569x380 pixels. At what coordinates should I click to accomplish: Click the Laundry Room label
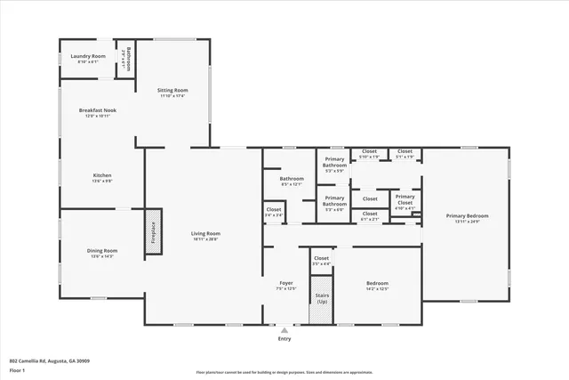click(87, 59)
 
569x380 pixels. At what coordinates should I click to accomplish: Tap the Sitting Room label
click(173, 93)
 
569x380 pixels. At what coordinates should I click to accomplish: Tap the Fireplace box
click(153, 233)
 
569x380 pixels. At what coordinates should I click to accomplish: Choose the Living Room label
click(205, 236)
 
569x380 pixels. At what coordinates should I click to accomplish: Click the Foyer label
click(286, 285)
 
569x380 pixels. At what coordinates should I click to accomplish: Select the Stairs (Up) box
click(321, 299)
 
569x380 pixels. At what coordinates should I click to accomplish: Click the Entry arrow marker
click(284, 330)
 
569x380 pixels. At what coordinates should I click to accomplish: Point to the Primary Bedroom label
click(468, 218)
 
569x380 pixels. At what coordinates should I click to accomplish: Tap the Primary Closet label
click(405, 199)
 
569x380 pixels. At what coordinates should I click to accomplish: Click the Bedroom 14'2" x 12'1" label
click(378, 287)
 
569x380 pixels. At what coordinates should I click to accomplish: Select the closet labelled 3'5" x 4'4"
click(321, 261)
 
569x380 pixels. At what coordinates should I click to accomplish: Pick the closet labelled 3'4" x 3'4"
click(274, 212)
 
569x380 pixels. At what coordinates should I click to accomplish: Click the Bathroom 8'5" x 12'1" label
click(292, 182)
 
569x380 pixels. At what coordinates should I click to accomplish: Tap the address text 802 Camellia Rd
click(49, 360)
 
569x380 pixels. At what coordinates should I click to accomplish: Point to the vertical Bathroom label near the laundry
click(129, 59)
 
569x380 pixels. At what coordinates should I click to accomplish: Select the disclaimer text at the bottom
click(284, 372)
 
